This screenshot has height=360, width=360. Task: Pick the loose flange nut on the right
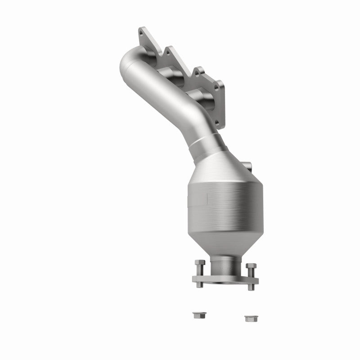pyautogui.click(x=249, y=318)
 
